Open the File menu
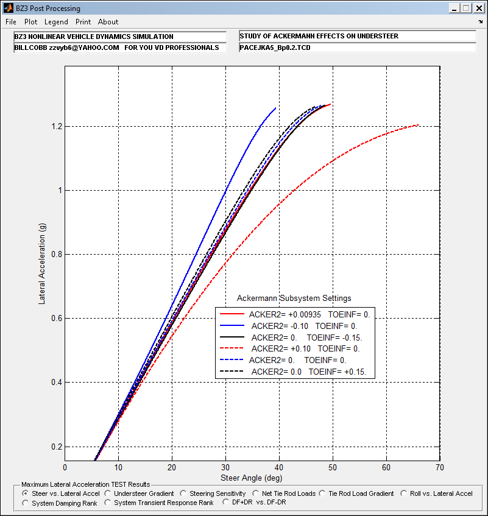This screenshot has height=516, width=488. tap(11, 22)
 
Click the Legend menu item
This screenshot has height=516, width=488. tap(56, 22)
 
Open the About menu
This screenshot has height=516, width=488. tap(108, 22)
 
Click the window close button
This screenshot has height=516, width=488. tap(479, 9)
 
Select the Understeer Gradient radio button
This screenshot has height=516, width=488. tap(108, 493)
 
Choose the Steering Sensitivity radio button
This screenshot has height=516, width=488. tap(183, 493)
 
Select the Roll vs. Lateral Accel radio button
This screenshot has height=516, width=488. tap(404, 493)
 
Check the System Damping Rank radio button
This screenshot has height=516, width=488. tap(25, 503)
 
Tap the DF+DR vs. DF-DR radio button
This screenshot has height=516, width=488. tap(225, 502)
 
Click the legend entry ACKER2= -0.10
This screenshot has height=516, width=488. tap(280, 326)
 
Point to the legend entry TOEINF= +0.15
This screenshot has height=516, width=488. tap(338, 372)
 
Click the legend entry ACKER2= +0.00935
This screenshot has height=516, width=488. tap(285, 314)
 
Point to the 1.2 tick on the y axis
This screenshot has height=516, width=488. tap(57, 126)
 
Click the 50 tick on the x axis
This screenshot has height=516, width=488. tap(333, 468)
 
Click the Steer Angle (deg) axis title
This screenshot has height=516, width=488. tap(252, 478)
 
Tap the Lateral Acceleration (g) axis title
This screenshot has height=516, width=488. tap(42, 264)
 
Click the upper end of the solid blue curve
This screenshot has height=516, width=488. tap(275, 108)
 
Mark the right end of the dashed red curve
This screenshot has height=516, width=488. tap(419, 125)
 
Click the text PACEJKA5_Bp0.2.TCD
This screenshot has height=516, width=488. tap(275, 48)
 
